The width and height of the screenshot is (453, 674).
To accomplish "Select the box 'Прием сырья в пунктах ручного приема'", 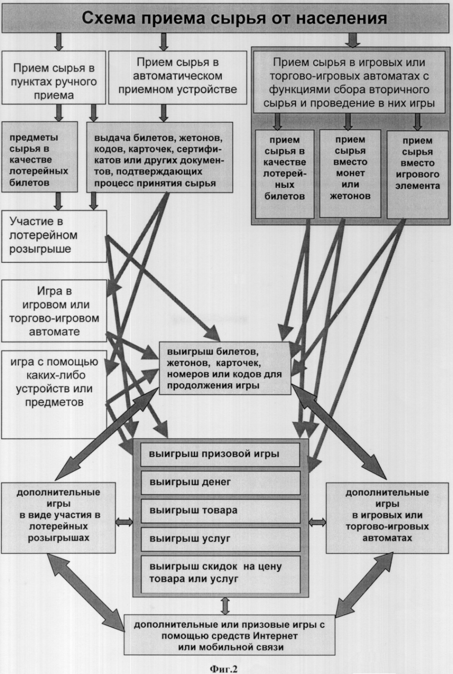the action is (x=54, y=77).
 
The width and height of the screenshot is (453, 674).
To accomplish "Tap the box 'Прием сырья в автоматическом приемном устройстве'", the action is (x=177, y=77).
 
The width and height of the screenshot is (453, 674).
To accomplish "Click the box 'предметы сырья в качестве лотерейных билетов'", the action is (x=40, y=157).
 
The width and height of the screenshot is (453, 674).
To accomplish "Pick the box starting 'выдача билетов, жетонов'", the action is (x=160, y=157).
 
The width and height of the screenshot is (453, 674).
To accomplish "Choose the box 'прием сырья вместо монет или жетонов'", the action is (x=350, y=174).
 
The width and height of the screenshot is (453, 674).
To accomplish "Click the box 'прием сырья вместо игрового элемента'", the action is (x=417, y=175).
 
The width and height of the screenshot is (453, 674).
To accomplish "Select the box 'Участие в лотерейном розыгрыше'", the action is (x=54, y=236).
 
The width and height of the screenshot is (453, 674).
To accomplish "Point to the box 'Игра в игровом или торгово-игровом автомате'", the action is (x=54, y=311).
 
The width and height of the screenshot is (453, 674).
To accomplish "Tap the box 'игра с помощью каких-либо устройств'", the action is (x=54, y=394).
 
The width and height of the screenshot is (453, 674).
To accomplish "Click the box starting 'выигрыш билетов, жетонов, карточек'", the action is (x=225, y=368).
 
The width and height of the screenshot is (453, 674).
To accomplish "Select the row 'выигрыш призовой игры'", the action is (x=220, y=454).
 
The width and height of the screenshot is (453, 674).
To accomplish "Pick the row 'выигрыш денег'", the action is (x=220, y=483).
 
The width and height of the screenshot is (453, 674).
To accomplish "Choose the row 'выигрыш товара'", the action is (x=220, y=511).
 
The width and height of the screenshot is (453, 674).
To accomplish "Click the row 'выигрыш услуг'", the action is (x=220, y=539).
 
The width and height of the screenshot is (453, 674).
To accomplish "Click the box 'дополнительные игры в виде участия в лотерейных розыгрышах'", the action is (x=58, y=518).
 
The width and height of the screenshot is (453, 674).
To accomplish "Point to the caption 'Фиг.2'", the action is (x=223, y=667).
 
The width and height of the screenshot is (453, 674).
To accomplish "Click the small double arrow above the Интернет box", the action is (x=225, y=606).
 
